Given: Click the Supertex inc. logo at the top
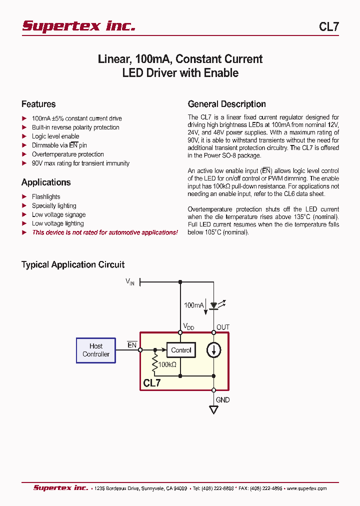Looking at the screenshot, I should point(78,26).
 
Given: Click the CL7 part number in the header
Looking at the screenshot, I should point(328,27).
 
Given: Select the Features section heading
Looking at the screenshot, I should point(38,104).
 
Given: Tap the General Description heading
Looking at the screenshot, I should point(226,104).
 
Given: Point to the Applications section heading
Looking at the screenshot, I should point(46,182).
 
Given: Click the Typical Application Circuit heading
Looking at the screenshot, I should point(73,264).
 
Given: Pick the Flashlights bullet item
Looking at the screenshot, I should point(46,197).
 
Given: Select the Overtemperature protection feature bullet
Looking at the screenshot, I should point(67,154).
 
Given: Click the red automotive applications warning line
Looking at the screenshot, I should point(104,232).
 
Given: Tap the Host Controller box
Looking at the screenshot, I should point(96,350).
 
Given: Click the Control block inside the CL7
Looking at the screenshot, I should point(181,350).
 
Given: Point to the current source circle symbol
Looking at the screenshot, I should point(214,350).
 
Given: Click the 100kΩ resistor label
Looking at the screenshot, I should point(167,365).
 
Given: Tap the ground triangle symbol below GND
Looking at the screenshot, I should point(214,410).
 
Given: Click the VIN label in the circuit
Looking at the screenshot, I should point(130,282).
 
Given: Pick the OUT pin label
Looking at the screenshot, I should point(223,327).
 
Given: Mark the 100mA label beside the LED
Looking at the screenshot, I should point(193,305).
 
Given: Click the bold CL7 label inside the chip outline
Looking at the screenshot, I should point(152,383).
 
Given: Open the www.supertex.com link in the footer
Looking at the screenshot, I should point(306,488).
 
